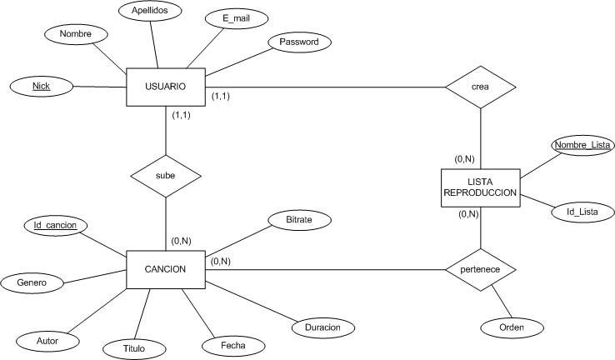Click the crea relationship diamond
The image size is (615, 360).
480,87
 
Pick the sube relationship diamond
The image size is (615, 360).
166,177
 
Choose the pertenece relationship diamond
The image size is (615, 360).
480,270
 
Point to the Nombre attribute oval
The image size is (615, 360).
75,34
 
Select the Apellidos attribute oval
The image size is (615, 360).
145,11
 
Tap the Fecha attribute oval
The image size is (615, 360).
232,344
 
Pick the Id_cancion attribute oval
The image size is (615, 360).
56,224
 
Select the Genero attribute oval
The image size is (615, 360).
32,283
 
